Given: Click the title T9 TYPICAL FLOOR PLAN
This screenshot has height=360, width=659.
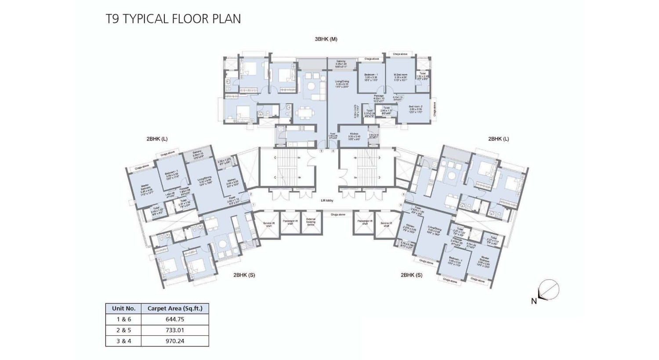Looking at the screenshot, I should point(173,19).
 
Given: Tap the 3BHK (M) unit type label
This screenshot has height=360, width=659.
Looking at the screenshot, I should point(326,39).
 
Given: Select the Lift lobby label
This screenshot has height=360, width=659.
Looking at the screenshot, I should point(327,201).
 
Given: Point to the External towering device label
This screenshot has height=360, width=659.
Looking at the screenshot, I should point(311,222).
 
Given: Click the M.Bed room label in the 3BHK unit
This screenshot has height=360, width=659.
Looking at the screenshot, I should point(400,75).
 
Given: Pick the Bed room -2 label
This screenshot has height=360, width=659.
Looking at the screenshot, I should point(415,107).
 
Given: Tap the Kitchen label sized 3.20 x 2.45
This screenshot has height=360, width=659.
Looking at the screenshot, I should point(354,134).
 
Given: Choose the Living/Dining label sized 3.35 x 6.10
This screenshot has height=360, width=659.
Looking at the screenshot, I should point(342,82).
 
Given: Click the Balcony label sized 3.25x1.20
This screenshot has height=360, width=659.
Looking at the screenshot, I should point(341,61).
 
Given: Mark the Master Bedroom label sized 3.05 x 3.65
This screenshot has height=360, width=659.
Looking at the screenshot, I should point(485,258).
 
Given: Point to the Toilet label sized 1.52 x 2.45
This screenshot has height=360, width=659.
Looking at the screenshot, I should point(422,74).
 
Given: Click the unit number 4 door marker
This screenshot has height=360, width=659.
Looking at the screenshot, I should point(333,151).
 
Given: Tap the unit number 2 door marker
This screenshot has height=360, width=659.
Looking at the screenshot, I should point(251,194).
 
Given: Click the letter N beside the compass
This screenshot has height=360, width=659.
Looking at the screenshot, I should point(534,301).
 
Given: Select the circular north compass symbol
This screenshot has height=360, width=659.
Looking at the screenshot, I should point(549,290).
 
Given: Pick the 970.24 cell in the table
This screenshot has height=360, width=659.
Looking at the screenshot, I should point(175,341).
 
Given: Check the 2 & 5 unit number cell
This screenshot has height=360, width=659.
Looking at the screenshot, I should point(123,330).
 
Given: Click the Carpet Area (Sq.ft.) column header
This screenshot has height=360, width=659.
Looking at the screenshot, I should point(175,308).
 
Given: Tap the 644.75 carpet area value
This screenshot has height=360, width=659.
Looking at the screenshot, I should point(175,319).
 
